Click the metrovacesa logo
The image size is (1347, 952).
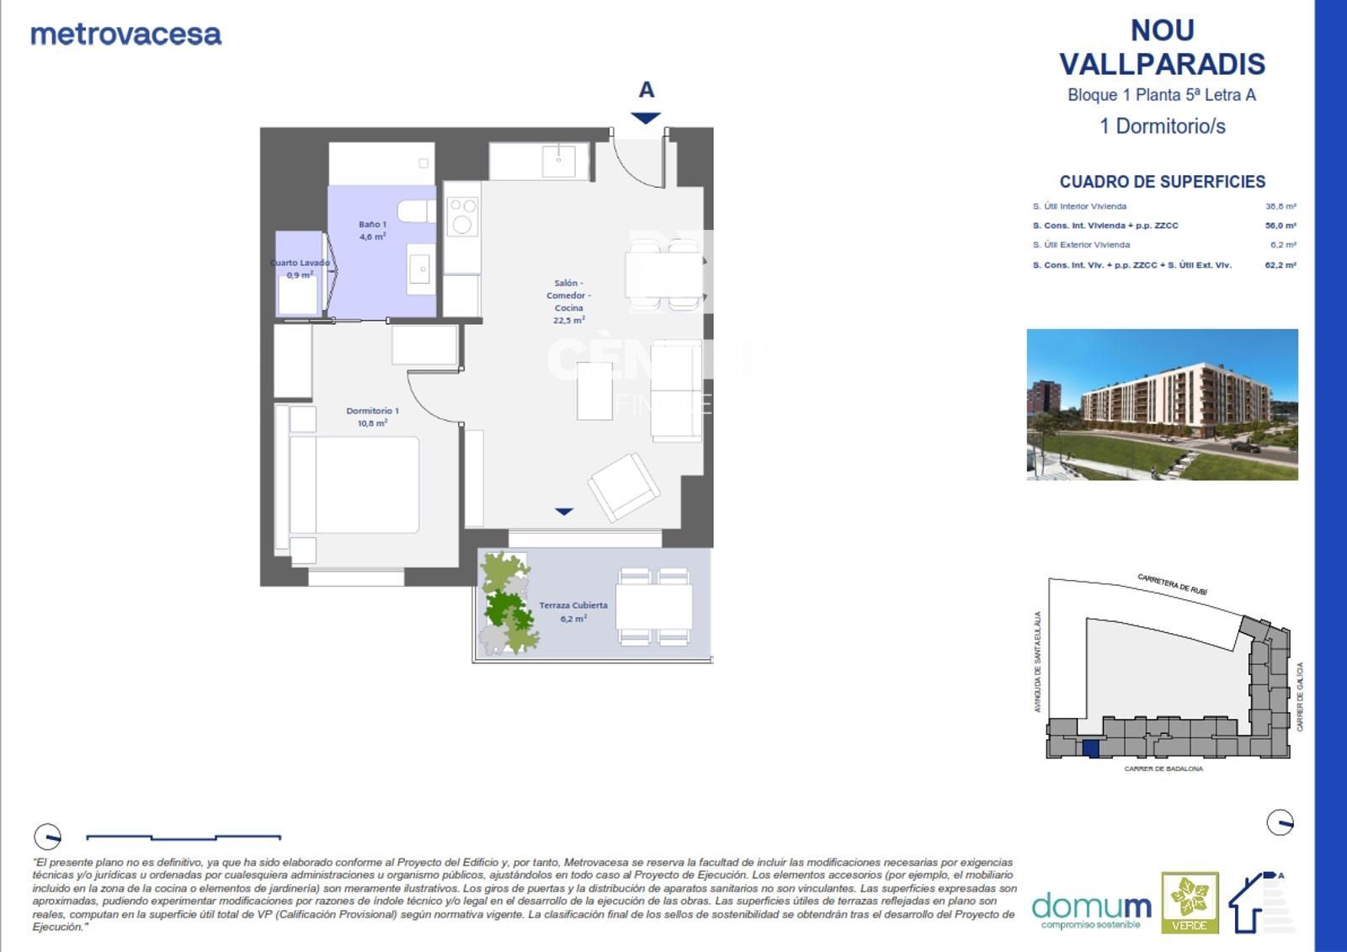pyautogui.click(x=126, y=35)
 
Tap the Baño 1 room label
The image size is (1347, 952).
pyautogui.click(x=372, y=230)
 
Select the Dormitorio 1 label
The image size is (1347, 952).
pyautogui.click(x=372, y=417)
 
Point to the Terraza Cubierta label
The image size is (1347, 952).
pyautogui.click(x=573, y=611)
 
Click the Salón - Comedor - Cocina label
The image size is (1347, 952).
pyautogui.click(x=568, y=301)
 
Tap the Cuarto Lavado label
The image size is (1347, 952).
pyautogui.click(x=301, y=269)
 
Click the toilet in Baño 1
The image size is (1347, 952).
pyautogui.click(x=415, y=210)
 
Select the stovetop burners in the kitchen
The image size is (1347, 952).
pyautogui.click(x=462, y=215)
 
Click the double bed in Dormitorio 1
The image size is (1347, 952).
pyautogui.click(x=354, y=484)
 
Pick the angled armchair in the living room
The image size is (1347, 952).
pyautogui.click(x=624, y=487)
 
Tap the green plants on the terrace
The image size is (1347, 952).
pyautogui.click(x=507, y=603)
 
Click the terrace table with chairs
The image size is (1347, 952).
pyautogui.click(x=654, y=606)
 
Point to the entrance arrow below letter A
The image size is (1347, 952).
pyautogui.click(x=646, y=118)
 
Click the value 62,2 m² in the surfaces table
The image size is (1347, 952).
pyautogui.click(x=1280, y=265)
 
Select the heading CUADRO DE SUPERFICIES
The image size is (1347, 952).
pyautogui.click(x=1162, y=182)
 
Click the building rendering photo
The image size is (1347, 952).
pyautogui.click(x=1162, y=404)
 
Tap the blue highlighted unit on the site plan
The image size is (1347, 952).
pyautogui.click(x=1090, y=748)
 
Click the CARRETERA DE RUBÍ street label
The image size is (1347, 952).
pyautogui.click(x=1172, y=584)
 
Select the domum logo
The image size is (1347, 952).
pyautogui.click(x=1091, y=909)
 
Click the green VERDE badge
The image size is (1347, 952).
pyautogui.click(x=1190, y=902)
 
